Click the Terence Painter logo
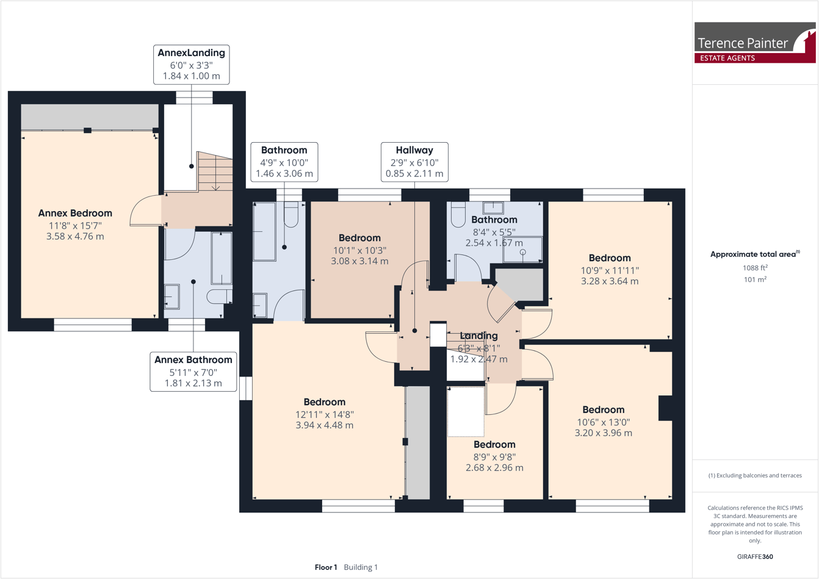click(754, 43)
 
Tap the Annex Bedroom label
click(75, 214)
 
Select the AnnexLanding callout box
click(191, 64)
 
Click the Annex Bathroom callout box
click(193, 372)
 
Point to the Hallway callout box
click(414, 162)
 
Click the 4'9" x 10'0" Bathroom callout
click(284, 162)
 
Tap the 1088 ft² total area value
click(755, 268)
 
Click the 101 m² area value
click(755, 279)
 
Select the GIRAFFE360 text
click(755, 556)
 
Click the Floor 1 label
click(326, 567)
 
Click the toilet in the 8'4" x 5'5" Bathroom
click(458, 214)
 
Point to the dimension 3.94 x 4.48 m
click(324, 425)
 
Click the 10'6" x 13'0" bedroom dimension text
click(603, 422)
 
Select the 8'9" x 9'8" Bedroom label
click(494, 445)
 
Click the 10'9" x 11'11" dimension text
click(609, 270)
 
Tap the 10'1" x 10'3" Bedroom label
click(359, 238)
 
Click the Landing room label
click(478, 336)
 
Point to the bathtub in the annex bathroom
click(221, 259)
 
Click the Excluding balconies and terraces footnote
click(755, 475)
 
